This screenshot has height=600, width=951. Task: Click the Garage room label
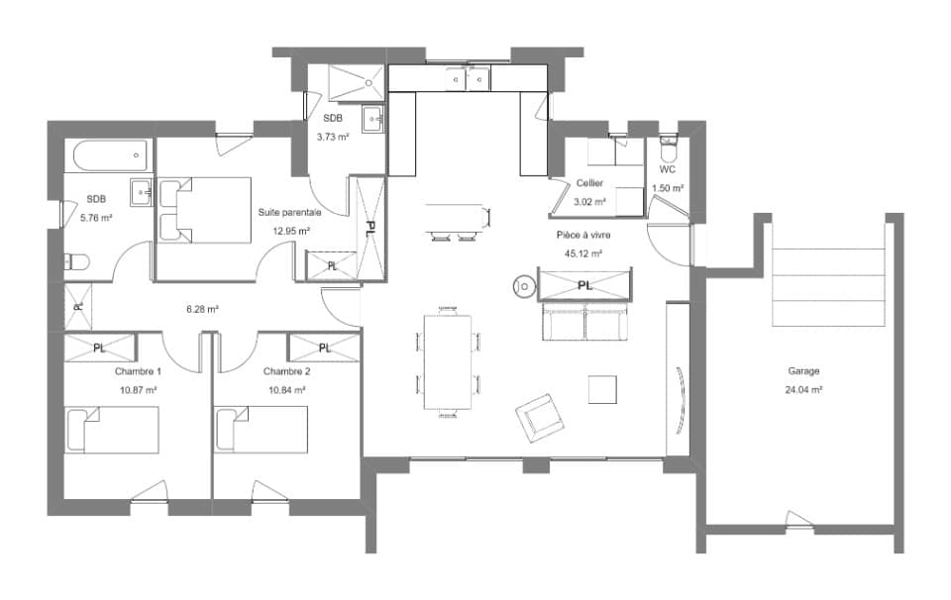click(803, 371)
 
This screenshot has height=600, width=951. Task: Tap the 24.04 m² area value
click(803, 389)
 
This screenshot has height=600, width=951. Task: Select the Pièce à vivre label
click(584, 237)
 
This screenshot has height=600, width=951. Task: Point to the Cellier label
click(589, 183)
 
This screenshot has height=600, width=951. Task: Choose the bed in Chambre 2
click(262, 429)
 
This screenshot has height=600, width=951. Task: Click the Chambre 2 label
click(287, 371)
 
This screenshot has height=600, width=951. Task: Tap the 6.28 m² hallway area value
click(202, 309)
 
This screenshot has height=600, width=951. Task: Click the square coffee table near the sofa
click(603, 388)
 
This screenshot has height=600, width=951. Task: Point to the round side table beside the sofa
click(523, 287)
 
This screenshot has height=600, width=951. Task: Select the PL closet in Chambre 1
click(99, 348)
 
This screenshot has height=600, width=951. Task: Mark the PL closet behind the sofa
click(584, 285)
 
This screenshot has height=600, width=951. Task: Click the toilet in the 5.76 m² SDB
click(76, 261)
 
